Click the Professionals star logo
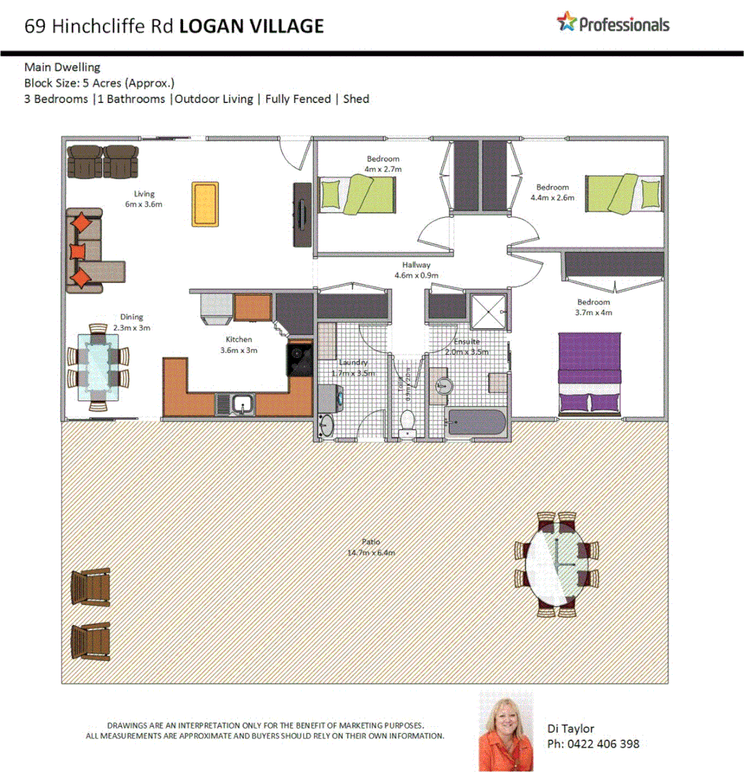[x=566, y=22]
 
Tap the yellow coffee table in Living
[x=204, y=204]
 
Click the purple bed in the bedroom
[x=590, y=372]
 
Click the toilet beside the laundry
[x=408, y=422]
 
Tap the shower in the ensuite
[x=488, y=310]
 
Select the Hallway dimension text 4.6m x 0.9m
[x=415, y=274]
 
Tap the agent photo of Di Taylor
[x=506, y=731]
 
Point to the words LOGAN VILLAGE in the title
[x=251, y=26]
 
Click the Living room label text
[x=144, y=194]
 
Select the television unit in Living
[x=301, y=214]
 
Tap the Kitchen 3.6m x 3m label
[x=239, y=345]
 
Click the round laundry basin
[x=325, y=425]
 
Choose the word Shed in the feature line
[x=356, y=99]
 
